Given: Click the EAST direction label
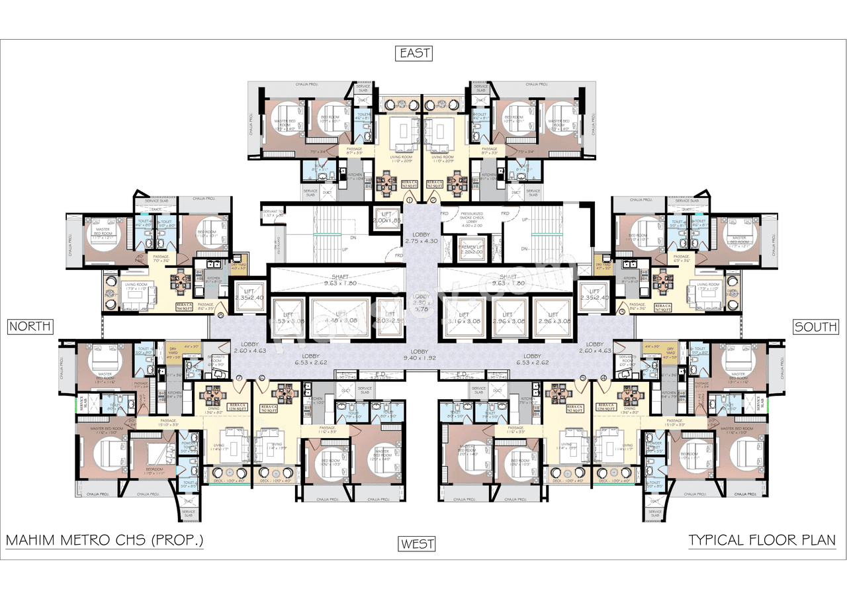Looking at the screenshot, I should (414, 53).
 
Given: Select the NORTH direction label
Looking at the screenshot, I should (29, 326).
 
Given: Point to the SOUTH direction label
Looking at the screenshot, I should (816, 326).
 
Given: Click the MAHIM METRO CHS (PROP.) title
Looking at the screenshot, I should (105, 541).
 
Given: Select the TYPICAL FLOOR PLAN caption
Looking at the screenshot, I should (762, 541).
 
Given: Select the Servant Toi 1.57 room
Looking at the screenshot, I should (273, 213).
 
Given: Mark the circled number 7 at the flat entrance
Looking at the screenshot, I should (238, 379).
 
